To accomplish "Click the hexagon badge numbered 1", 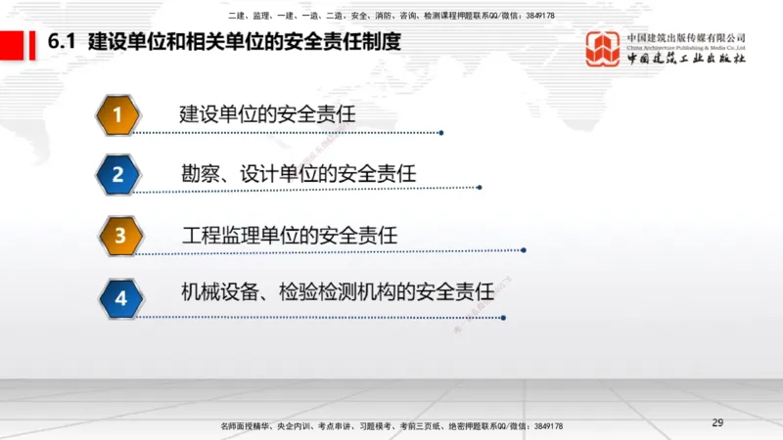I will [117, 115].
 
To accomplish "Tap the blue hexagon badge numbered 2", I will [117, 175].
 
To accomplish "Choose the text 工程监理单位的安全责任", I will [290, 235].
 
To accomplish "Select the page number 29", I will [717, 422].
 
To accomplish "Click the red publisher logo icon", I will [603, 48].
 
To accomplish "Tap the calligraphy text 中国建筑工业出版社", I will [686, 59].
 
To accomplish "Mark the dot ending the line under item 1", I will [441, 133].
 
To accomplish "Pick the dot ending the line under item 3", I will [525, 250].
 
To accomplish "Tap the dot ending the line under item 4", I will [503, 317].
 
